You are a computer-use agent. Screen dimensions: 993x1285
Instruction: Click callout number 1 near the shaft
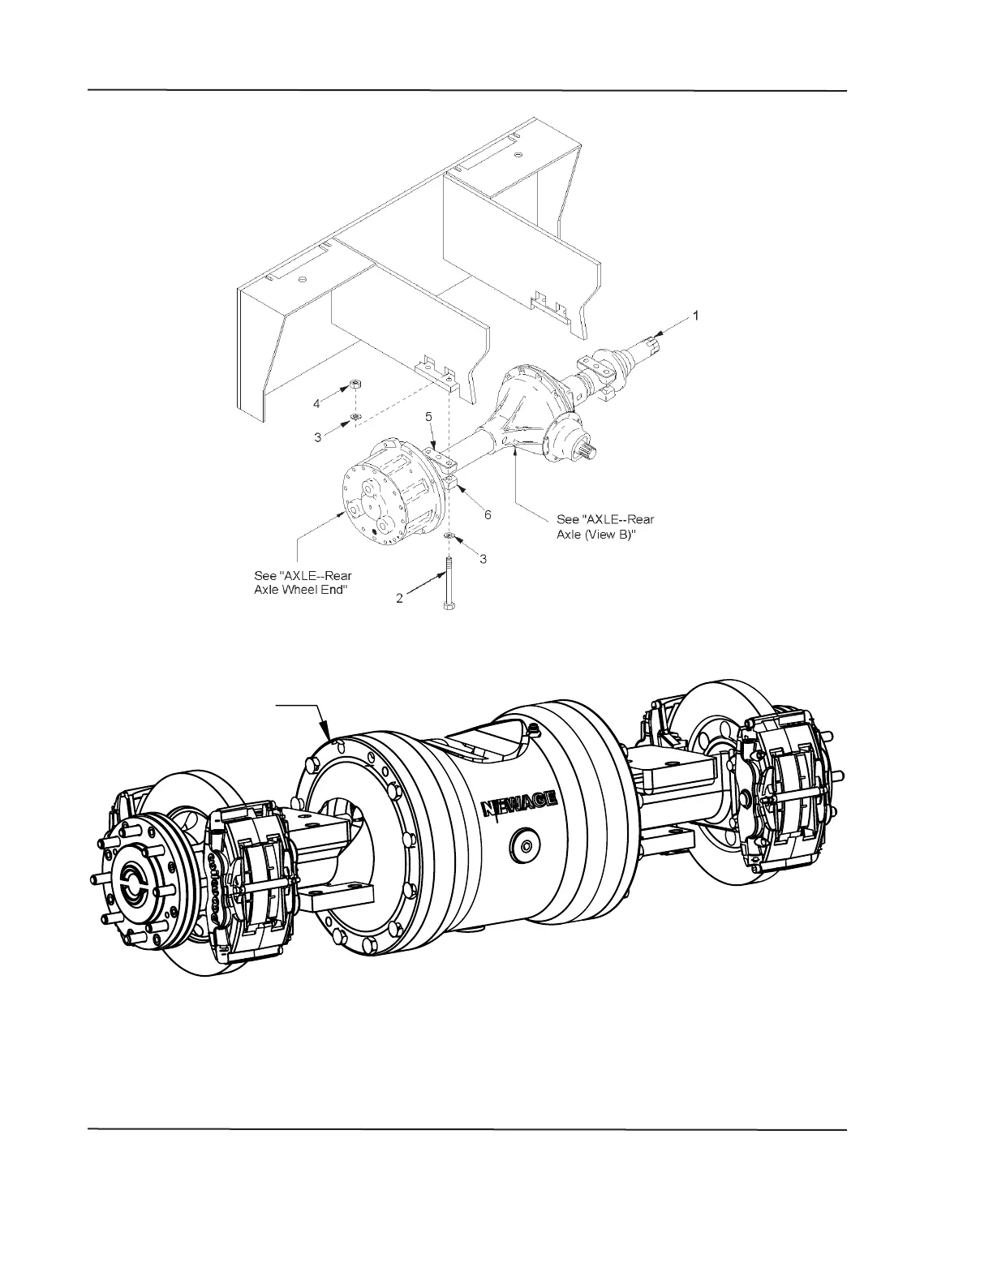(x=694, y=316)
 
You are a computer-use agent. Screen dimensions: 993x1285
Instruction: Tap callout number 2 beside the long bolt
(x=399, y=598)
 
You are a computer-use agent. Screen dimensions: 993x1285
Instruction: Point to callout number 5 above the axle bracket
(x=428, y=416)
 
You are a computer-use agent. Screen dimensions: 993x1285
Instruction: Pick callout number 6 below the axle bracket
(x=488, y=514)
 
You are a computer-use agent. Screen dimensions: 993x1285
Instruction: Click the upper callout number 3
(x=318, y=436)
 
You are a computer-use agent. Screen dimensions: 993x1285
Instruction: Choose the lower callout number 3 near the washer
(x=483, y=559)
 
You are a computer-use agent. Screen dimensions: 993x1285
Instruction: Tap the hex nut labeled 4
(x=355, y=384)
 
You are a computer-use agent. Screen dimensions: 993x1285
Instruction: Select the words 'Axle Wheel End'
(x=302, y=590)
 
